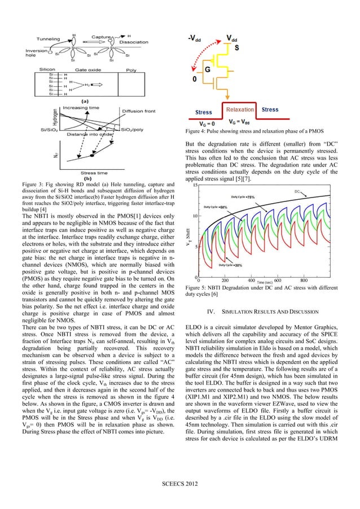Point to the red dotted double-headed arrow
[204, 59]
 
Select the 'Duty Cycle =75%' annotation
[242, 197]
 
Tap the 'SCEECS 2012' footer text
[180, 484]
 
